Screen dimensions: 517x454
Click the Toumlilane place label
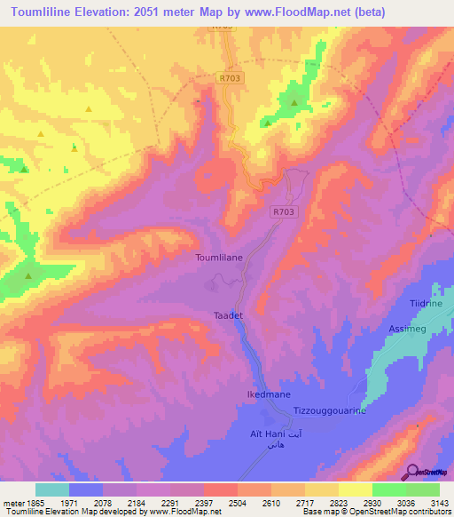218,257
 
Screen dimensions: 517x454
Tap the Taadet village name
229,315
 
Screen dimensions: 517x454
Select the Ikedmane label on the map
268,393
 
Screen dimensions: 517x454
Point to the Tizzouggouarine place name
330,410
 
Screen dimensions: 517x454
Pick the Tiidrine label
426,304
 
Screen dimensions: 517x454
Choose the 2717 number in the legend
288,503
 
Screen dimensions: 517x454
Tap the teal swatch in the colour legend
52,489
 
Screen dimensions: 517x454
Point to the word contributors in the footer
427,513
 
